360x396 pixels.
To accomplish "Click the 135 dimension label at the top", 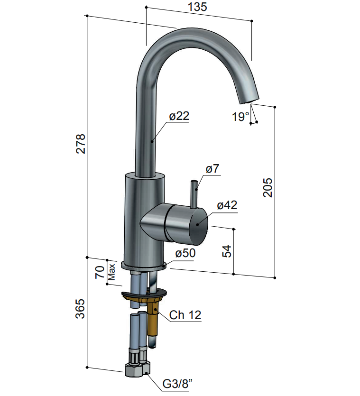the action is click(197, 7).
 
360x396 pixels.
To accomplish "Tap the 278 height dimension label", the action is click(81, 144).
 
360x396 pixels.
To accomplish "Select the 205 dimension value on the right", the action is click(268, 187).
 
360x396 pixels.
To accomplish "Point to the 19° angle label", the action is click(240, 117).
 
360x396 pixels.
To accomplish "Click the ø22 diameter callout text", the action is click(179, 116).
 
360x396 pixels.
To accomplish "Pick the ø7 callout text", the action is click(212, 168).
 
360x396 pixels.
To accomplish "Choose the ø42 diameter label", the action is click(227, 205).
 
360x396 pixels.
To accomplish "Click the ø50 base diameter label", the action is click(185, 253).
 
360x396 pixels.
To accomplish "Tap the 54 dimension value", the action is click(227, 251).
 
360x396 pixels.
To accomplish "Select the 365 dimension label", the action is click(80, 309).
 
